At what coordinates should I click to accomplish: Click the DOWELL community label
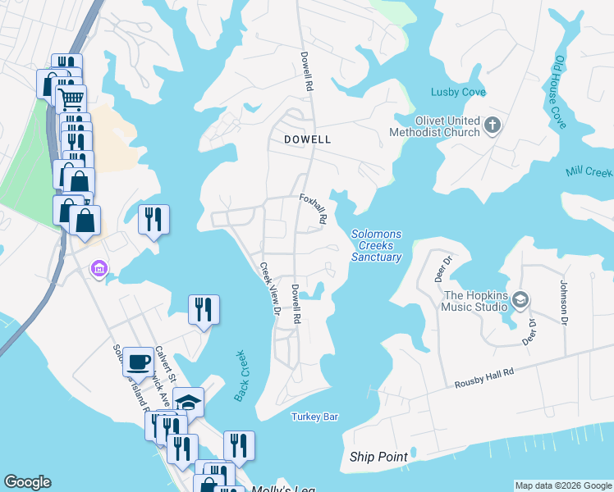[307, 139]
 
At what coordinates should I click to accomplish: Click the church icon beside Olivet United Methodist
[493, 125]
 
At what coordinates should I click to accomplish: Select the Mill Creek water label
[589, 172]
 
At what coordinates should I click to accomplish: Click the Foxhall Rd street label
[314, 209]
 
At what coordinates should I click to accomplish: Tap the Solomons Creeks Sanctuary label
[377, 245]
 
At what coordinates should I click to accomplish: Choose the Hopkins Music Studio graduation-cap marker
[520, 301]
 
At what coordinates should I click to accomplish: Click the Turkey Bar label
[314, 417]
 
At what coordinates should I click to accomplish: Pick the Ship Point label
[378, 457]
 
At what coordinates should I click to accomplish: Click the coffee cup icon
[138, 360]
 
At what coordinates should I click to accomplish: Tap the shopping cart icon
[71, 98]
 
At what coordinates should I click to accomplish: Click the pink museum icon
[99, 269]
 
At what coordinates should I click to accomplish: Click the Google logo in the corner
[27, 482]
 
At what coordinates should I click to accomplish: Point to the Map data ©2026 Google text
[562, 485]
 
